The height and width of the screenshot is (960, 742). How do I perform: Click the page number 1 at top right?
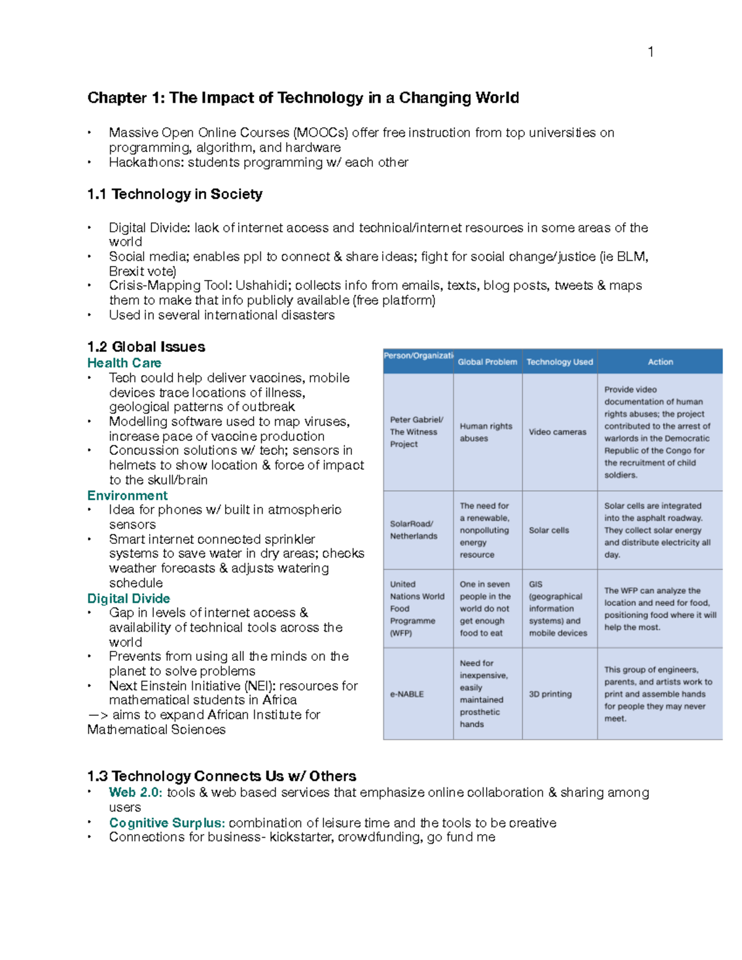[650, 52]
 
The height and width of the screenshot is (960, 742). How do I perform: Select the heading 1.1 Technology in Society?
[174, 194]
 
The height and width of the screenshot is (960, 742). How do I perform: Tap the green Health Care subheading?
[124, 363]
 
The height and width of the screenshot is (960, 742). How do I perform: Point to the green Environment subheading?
[127, 496]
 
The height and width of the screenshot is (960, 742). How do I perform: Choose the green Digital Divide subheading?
[129, 598]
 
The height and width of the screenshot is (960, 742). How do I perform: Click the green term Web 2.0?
[135, 792]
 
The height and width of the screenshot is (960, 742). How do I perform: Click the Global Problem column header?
[487, 362]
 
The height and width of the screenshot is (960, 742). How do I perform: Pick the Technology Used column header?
[560, 362]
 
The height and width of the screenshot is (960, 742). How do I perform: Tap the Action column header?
[660, 362]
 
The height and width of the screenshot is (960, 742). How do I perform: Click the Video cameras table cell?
[557, 432]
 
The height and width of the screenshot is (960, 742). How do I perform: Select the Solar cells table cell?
[548, 530]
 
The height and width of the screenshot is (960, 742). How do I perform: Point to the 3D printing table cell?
[550, 694]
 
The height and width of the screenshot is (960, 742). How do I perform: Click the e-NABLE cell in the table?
[407, 694]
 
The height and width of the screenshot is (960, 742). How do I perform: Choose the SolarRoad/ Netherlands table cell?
[412, 530]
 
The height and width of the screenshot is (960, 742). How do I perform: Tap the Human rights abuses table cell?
[485, 432]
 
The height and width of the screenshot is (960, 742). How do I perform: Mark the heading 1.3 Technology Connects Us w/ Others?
[221, 776]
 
